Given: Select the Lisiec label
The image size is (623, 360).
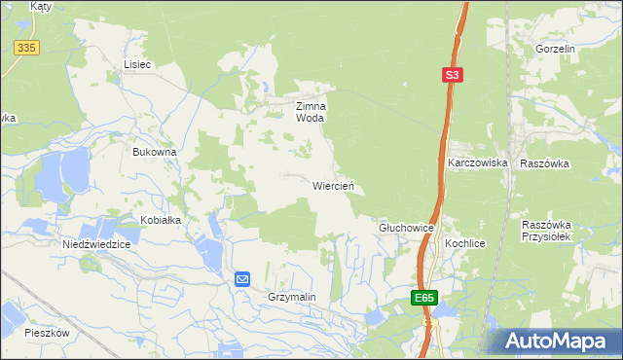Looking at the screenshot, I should point(137,64).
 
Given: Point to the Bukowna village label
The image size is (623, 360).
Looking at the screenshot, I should point(154,153).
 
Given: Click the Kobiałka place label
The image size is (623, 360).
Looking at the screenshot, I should point(161,220).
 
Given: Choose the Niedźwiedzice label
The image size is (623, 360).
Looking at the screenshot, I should point(95,244).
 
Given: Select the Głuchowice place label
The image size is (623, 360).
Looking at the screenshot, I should point(405,227).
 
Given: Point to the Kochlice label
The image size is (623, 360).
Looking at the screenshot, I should point(464,242).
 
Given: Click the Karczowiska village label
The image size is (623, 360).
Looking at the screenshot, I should point(478,162).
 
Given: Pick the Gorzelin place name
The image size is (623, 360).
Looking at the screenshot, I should point(556,48).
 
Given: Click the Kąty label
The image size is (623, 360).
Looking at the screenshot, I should point(40,6).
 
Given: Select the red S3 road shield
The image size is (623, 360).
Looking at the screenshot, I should point(452,74).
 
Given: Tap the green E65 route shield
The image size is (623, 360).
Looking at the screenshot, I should point(423,298).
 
